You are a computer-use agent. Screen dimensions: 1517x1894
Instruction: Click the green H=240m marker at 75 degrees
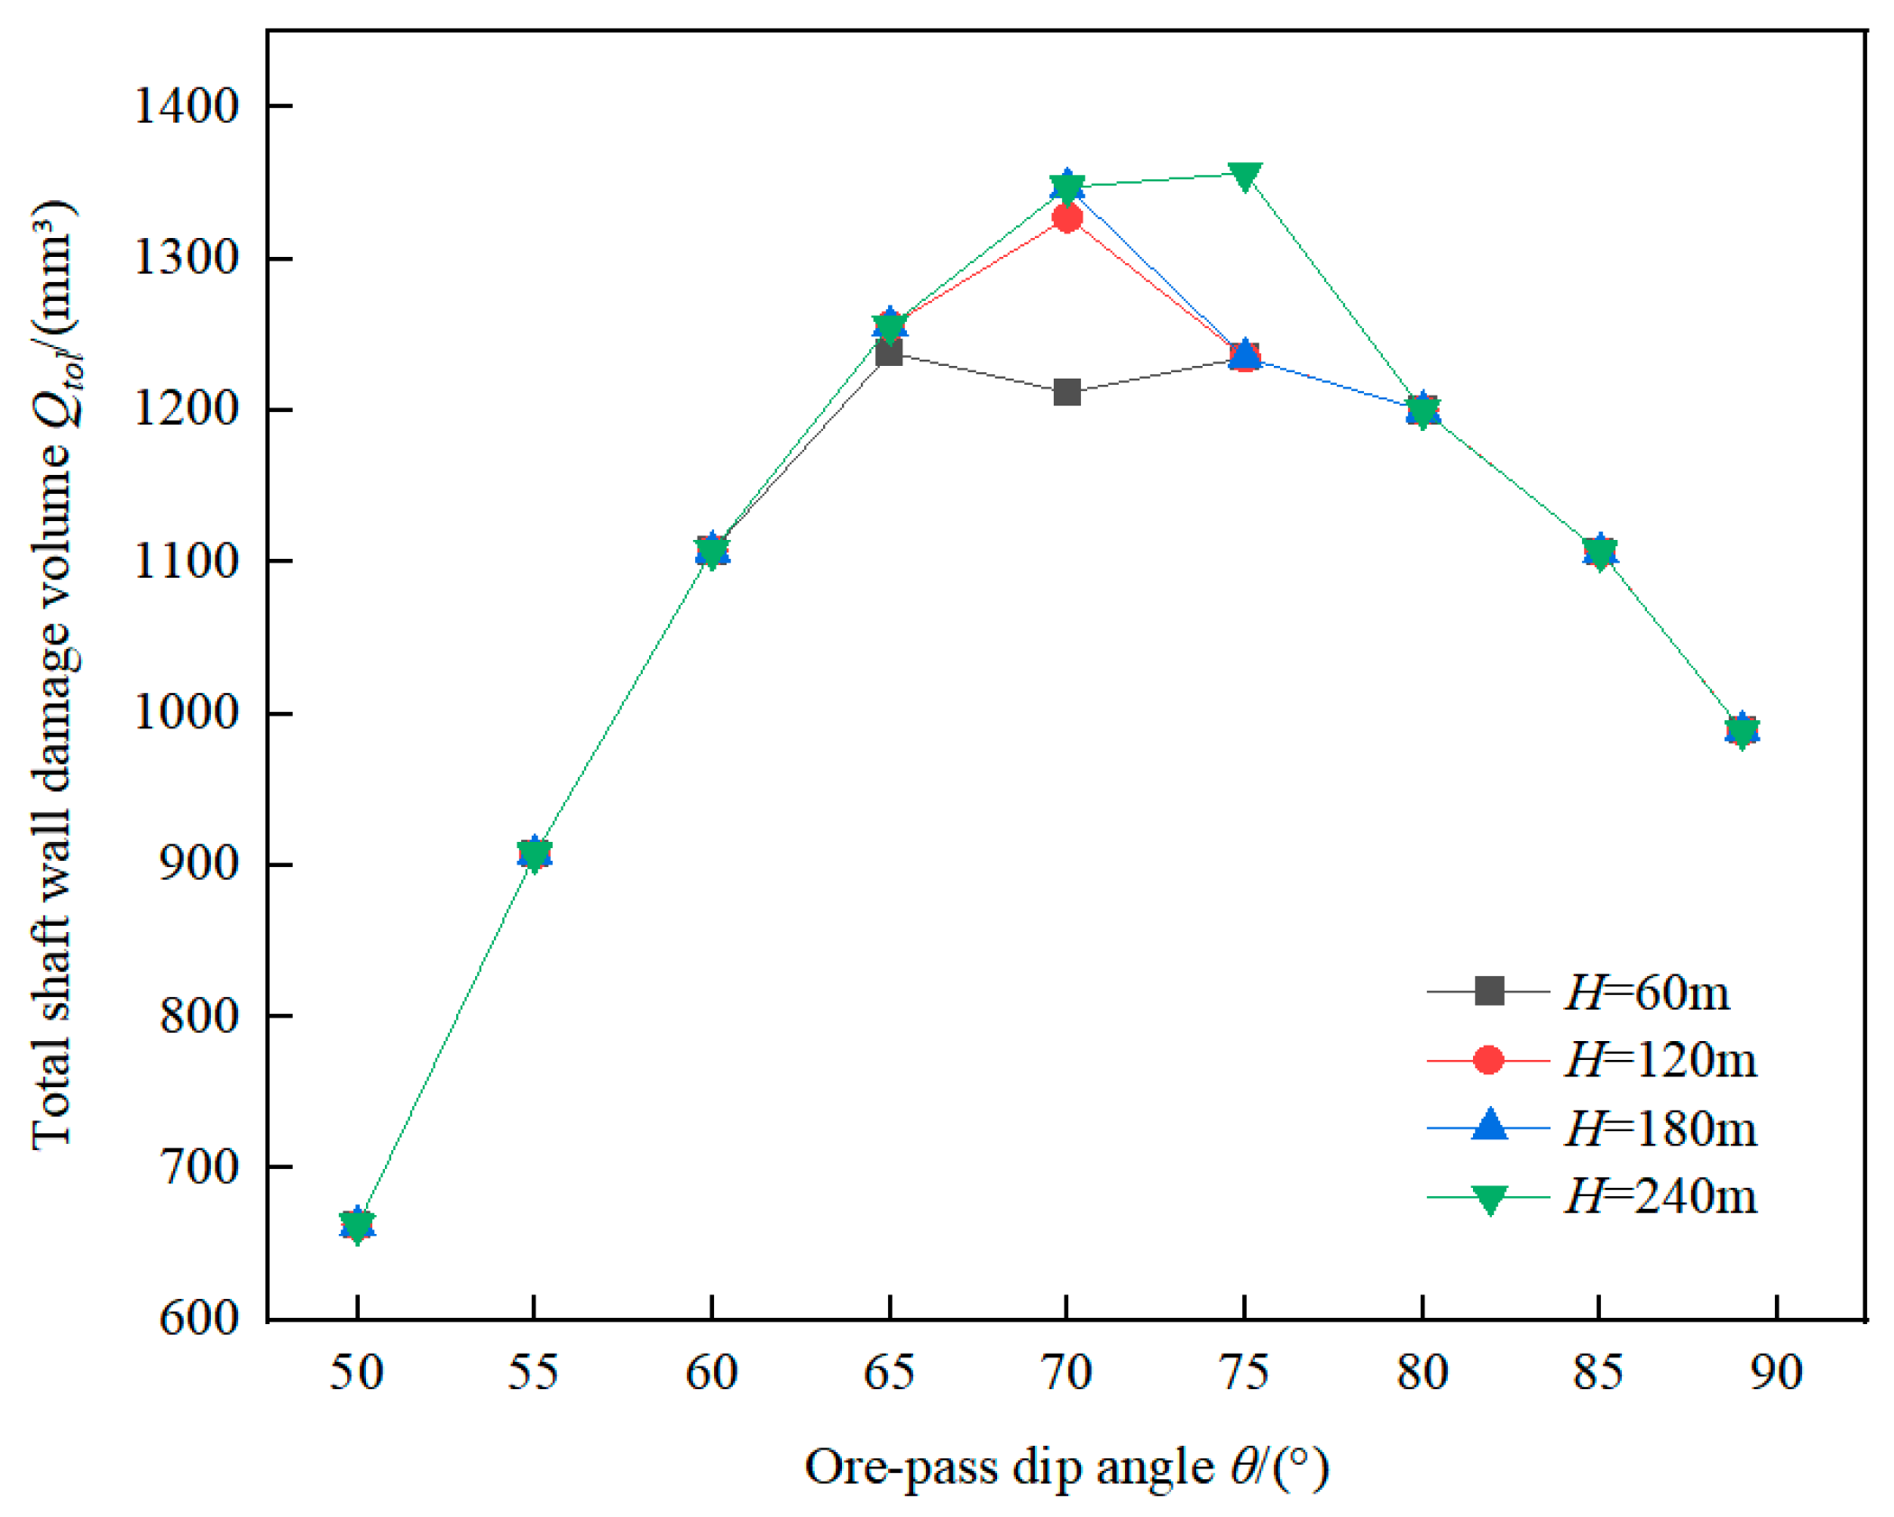click(x=1243, y=176)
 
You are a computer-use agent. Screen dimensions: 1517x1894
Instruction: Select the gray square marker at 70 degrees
click(x=1066, y=392)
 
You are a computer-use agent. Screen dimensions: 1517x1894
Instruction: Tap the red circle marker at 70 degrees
click(x=1066, y=218)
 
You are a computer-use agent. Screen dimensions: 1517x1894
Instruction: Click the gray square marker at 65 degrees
click(x=889, y=352)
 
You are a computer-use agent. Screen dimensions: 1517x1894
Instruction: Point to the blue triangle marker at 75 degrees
click(x=1244, y=354)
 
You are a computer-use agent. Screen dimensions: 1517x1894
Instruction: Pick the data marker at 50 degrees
click(x=357, y=1225)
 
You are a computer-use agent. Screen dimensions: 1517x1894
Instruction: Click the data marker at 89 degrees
click(x=1742, y=730)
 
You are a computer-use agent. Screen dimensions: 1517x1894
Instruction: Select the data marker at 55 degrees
click(x=534, y=854)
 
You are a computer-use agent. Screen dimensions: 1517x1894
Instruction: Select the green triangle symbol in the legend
click(x=1489, y=1199)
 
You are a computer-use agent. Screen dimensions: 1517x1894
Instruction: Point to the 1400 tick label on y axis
click(x=186, y=106)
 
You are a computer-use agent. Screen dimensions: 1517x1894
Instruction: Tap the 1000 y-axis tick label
click(x=186, y=713)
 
